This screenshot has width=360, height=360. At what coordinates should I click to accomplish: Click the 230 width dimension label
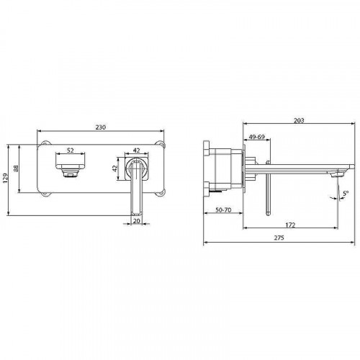pyautogui.click(x=101, y=127)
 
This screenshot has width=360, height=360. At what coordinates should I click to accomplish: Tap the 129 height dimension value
pyautogui.click(x=6, y=179)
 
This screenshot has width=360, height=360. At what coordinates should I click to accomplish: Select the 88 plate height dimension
pyautogui.click(x=16, y=168)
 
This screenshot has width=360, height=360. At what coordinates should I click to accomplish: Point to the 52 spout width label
pyautogui.click(x=70, y=150)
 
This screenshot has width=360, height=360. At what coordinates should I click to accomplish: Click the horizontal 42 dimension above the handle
pyautogui.click(x=136, y=150)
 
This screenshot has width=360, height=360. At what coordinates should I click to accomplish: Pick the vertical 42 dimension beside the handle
pyautogui.click(x=115, y=168)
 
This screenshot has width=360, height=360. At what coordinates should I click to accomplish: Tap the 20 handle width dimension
pyautogui.click(x=136, y=221)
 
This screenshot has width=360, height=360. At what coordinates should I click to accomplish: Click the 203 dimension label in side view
pyautogui.click(x=299, y=120)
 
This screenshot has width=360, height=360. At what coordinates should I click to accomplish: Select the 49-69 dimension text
pyautogui.click(x=256, y=137)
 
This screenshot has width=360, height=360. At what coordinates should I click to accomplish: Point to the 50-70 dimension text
pyautogui.click(x=223, y=210)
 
